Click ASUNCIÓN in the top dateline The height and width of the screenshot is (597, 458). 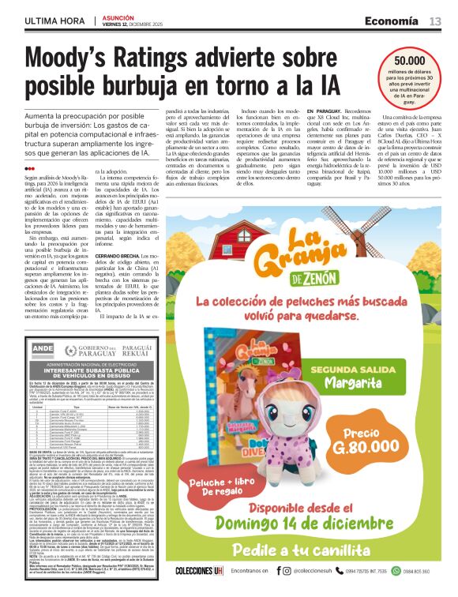[x=118, y=16]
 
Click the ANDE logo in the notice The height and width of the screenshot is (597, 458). [x=43, y=349]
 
